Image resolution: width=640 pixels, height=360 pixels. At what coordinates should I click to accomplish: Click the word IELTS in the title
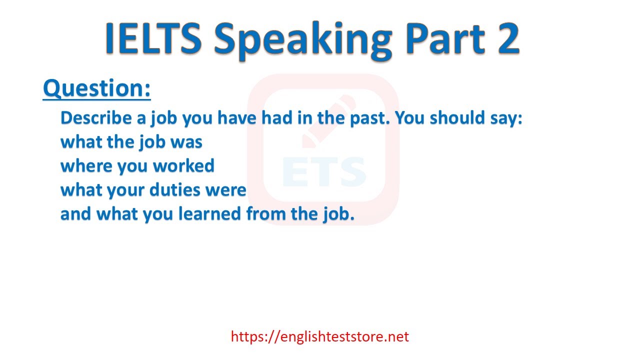(153, 38)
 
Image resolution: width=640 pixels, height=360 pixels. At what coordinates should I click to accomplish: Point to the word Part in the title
(445, 38)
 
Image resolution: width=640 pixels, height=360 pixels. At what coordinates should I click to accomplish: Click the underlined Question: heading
(97, 88)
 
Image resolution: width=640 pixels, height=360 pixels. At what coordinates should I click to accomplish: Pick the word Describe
(96, 117)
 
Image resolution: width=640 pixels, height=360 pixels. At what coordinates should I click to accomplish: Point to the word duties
(174, 190)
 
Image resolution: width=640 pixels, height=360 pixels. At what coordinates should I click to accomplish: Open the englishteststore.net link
(319, 336)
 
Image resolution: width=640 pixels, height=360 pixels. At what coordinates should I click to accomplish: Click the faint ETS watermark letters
(324, 171)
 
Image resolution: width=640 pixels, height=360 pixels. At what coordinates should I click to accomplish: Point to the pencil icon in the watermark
(328, 121)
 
